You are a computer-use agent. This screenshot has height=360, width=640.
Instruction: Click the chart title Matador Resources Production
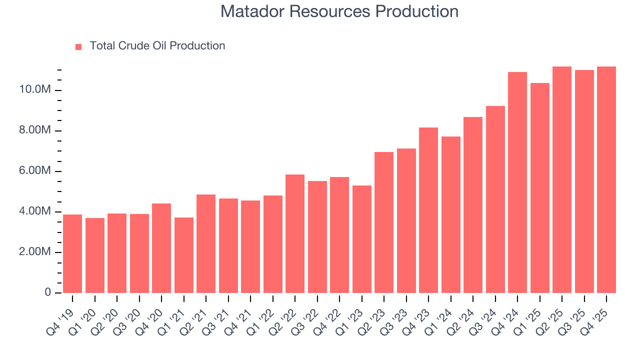[x=339, y=11]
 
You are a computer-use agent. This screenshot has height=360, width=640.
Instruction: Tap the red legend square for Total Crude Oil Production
[x=78, y=46]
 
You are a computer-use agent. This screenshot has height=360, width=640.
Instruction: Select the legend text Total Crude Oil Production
[x=157, y=46]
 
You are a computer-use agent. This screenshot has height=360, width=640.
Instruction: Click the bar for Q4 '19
[x=72, y=253]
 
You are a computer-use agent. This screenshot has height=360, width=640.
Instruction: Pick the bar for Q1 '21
[x=183, y=255]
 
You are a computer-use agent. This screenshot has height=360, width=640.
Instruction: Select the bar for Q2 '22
[x=295, y=233]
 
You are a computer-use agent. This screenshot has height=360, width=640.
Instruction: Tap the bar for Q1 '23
[x=361, y=239]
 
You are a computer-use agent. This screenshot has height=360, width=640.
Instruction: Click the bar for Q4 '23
[x=428, y=210]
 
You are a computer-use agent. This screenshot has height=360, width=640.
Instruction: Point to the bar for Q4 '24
[x=517, y=182]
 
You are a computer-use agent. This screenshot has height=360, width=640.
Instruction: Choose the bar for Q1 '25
[x=539, y=188]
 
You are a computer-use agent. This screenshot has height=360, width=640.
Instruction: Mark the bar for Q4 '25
[x=606, y=179]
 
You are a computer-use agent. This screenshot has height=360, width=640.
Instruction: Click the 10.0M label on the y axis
[x=35, y=90]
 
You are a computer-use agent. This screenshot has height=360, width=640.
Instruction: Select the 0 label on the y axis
[x=48, y=292]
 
